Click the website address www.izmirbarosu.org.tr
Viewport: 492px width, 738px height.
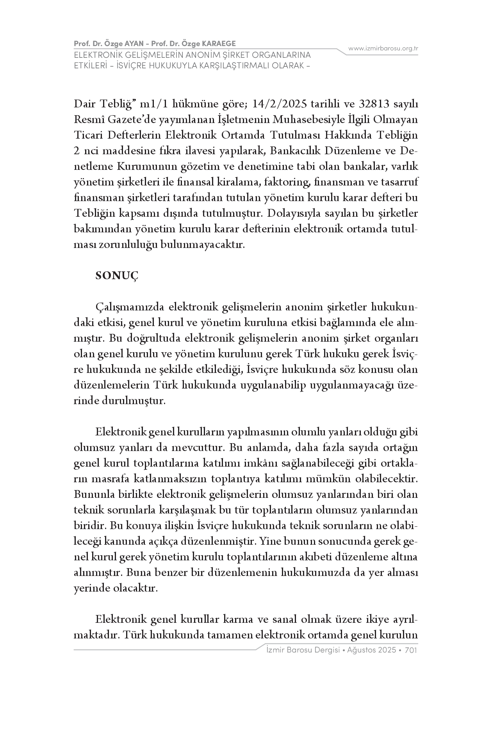click(x=383, y=48)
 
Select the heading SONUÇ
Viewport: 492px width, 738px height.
click(x=117, y=276)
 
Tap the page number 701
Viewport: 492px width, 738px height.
click(x=412, y=650)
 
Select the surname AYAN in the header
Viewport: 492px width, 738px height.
click(x=135, y=43)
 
